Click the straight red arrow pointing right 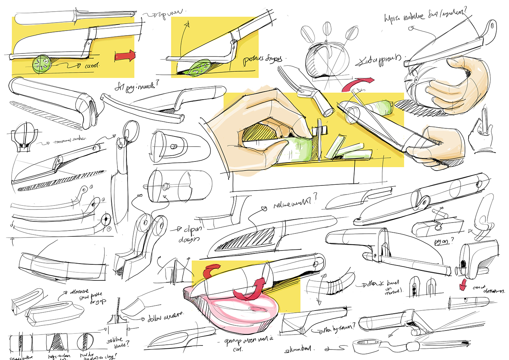point(125,56)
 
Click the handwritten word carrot point(92,66)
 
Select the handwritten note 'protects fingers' point(262,59)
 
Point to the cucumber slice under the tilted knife point(198,68)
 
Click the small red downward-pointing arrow point(463,285)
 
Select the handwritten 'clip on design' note point(191,234)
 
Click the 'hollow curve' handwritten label point(165,317)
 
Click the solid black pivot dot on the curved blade point(105,219)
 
